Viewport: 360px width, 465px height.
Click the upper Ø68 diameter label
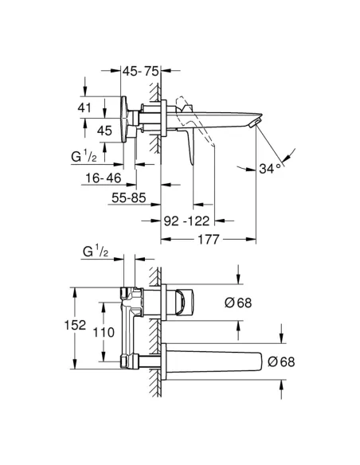click(x=238, y=302)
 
